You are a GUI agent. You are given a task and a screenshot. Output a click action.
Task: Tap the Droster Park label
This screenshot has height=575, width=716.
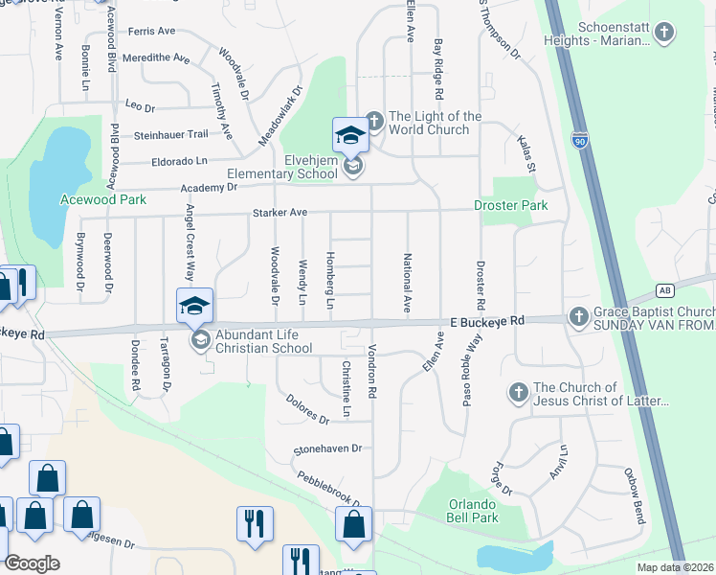(x=511, y=205)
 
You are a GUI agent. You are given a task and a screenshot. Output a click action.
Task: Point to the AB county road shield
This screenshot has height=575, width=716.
(x=665, y=289)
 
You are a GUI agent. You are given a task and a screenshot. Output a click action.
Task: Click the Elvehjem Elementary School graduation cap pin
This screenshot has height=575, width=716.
(x=350, y=137)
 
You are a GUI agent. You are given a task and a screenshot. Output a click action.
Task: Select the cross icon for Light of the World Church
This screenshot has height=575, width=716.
(x=374, y=122)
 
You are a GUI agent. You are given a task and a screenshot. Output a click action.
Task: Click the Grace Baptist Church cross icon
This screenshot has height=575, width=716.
(x=578, y=316)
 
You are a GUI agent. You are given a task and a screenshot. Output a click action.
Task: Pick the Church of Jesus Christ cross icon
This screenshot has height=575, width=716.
(x=518, y=393)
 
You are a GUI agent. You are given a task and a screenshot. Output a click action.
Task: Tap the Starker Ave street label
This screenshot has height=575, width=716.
(x=280, y=212)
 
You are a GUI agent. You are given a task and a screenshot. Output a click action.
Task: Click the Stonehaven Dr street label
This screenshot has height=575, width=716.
(x=328, y=448)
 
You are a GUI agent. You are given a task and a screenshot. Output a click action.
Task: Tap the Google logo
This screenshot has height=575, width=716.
(x=33, y=563)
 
